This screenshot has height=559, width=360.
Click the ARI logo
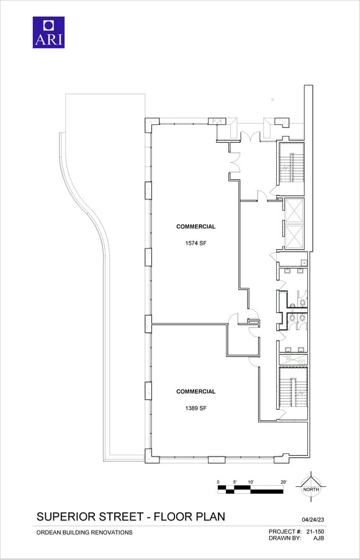(48, 32)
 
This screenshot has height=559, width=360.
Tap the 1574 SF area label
(196, 243)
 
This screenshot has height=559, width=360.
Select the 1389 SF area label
(196, 409)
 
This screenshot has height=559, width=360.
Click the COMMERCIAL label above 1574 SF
(196, 226)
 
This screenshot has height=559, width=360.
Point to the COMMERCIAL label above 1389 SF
(196, 391)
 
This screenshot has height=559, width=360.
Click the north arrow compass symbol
(311, 486)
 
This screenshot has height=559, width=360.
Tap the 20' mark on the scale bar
(284, 482)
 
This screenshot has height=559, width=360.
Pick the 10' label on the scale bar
(251, 482)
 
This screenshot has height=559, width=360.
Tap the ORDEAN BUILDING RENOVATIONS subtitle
(84, 533)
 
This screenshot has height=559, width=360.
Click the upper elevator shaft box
(294, 211)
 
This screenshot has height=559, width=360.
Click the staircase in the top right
(292, 163)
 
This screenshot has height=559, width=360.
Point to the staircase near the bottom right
(292, 388)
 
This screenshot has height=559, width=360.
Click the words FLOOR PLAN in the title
(189, 517)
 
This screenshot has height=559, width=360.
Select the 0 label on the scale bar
(218, 482)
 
